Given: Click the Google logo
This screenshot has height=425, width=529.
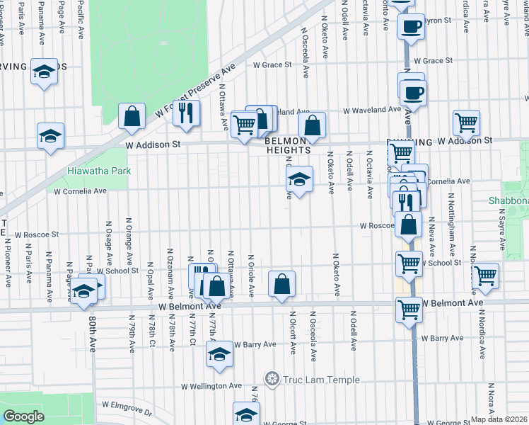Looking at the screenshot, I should (x=23, y=416).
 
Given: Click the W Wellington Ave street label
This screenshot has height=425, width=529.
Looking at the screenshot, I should (x=211, y=386).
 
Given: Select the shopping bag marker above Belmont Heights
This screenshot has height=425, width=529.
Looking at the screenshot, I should (x=311, y=126).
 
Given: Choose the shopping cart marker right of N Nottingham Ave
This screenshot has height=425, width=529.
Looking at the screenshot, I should (x=485, y=276).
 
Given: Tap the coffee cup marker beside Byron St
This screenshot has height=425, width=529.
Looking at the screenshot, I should (x=411, y=27).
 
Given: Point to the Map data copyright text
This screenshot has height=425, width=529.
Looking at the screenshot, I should (x=499, y=419).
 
